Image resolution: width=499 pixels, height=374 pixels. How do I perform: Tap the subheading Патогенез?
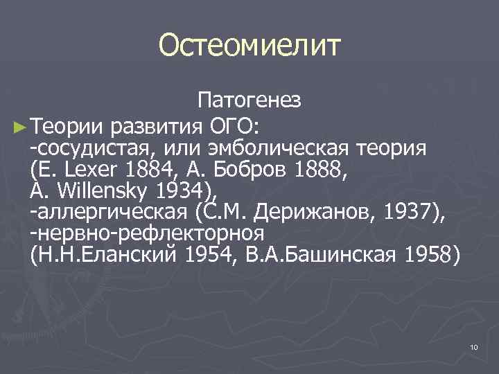249,101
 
